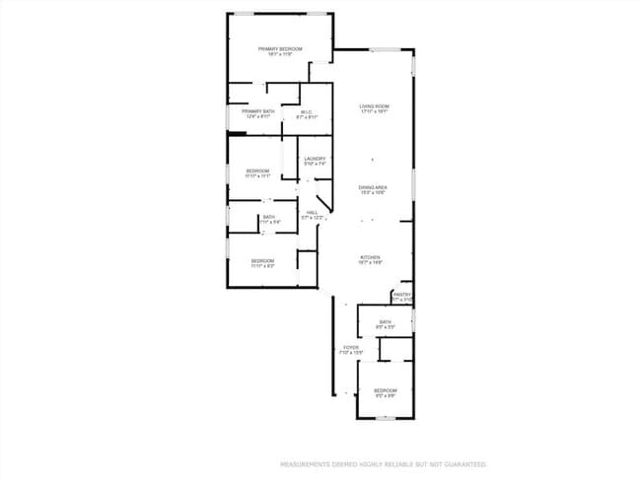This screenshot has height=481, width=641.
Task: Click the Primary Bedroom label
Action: click(x=280, y=48)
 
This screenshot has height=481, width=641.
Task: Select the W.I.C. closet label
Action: click(x=306, y=111)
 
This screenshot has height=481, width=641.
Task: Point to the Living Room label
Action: click(x=374, y=105)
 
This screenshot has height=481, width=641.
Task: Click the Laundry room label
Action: click(x=315, y=159)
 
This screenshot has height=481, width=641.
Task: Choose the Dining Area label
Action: click(x=372, y=187)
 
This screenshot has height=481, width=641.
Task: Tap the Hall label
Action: click(x=312, y=212)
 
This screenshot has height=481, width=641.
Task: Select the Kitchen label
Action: click(x=370, y=257)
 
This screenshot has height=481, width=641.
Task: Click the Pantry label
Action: click(x=401, y=294)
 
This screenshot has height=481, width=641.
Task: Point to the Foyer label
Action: click(x=351, y=347)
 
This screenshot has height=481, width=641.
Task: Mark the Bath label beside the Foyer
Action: click(x=386, y=320)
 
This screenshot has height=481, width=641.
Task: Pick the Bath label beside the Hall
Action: click(x=268, y=217)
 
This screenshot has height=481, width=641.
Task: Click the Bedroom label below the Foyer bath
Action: click(x=385, y=390)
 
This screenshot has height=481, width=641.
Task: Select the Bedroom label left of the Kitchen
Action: click(x=261, y=260)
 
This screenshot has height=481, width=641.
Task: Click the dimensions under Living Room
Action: click(x=374, y=111)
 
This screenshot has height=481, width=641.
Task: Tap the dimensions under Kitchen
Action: click(x=370, y=263)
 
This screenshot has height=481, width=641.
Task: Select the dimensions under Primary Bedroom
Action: click(x=280, y=54)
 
